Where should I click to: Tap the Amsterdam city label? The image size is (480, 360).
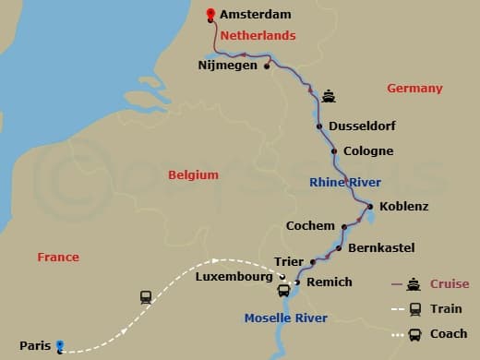click(256, 15)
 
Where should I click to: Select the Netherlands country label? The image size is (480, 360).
click(256, 36)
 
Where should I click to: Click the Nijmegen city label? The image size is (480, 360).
click(227, 66)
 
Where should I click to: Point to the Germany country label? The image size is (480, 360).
click(414, 89)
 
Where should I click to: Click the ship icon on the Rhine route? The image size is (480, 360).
click(329, 96)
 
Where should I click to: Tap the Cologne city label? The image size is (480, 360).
click(368, 151)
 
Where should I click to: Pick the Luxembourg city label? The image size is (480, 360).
click(234, 277)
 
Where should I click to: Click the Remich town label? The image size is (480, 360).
click(330, 282)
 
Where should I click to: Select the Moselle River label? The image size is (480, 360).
click(285, 319)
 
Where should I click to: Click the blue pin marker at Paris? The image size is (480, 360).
click(60, 347)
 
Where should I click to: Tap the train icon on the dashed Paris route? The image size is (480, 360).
click(146, 297)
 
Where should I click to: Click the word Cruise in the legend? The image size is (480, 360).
click(450, 284)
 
